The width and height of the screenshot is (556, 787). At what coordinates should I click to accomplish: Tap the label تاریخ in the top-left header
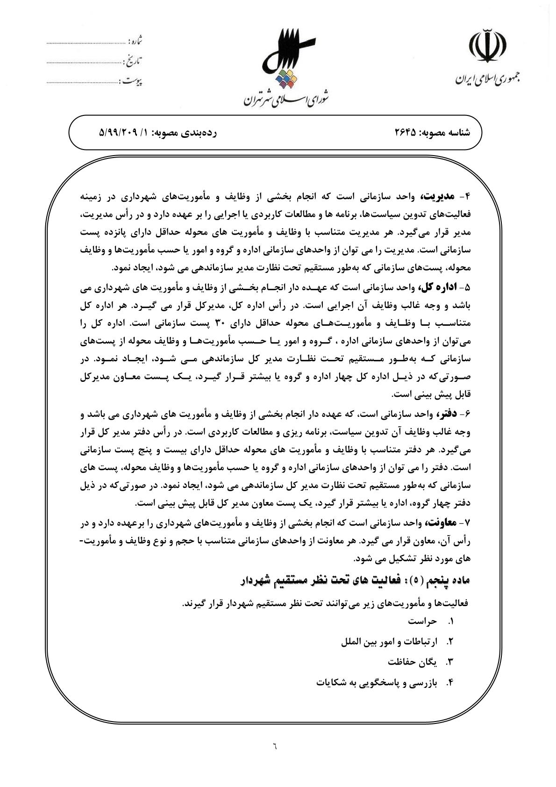[135, 61]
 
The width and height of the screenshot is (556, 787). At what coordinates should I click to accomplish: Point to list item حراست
[422, 622]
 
